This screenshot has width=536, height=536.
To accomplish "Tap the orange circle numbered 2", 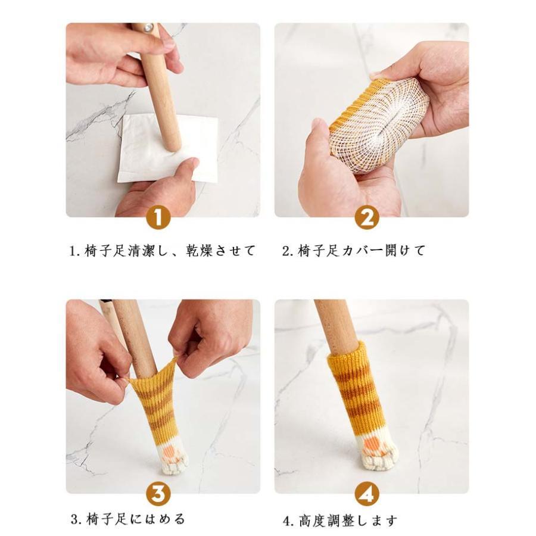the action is tap(366, 218).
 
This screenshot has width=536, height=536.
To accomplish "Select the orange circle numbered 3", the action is tap(158, 494).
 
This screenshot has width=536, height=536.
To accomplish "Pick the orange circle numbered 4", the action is tap(366, 494).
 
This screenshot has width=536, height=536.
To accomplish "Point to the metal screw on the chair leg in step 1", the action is tap(149, 27).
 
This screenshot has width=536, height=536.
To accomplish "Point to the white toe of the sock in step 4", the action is tap(377, 452).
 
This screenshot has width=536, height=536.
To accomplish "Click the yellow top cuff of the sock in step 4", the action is tap(345, 356).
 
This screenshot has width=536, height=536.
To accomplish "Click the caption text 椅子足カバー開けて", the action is tap(361, 251).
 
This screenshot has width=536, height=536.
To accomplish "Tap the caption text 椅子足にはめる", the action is tap(136, 519).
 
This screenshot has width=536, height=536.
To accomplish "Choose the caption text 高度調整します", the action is tap(348, 521).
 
